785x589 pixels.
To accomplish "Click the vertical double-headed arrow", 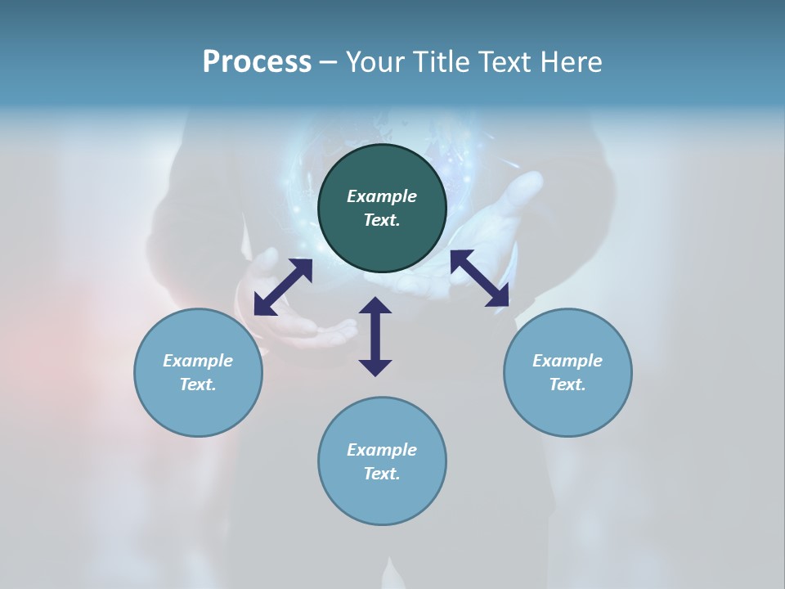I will tap(375, 336).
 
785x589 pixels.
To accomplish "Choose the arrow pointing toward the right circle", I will tap(480, 278).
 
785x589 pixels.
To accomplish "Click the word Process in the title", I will tap(257, 62).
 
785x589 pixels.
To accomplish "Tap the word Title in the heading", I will tap(446, 62).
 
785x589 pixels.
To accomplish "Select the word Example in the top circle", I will tap(382, 196).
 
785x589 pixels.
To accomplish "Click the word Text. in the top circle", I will tap(382, 220).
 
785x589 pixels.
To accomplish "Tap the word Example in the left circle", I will tap(198, 361).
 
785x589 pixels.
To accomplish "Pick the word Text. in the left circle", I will tap(198, 384).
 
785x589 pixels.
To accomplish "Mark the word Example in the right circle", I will tap(567, 361).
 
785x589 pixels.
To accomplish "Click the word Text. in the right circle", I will tap(567, 384).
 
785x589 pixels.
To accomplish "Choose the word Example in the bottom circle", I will tap(382, 450).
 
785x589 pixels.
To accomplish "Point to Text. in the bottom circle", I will tap(382, 474).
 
